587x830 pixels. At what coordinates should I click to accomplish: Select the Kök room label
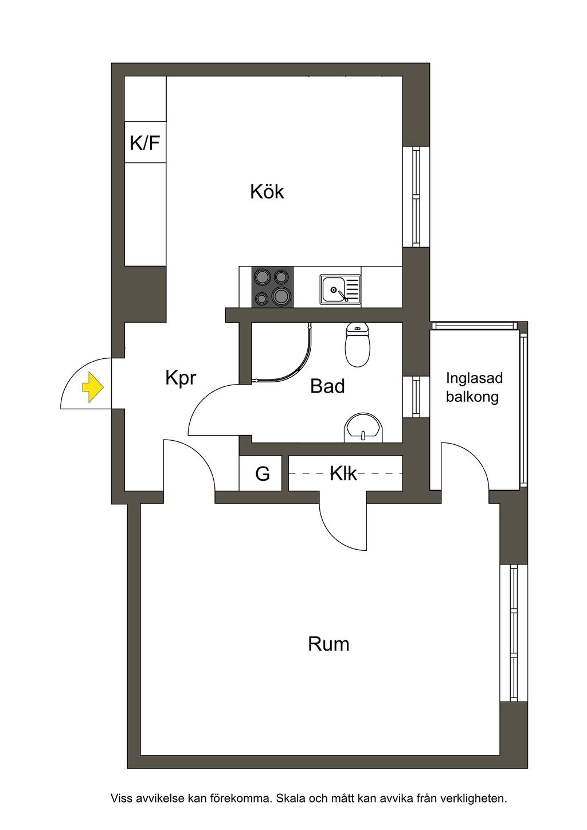point(267,191)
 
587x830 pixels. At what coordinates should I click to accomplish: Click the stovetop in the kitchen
point(272,287)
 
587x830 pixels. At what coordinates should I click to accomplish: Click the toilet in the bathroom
point(357,344)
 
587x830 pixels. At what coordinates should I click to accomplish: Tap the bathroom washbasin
point(363,429)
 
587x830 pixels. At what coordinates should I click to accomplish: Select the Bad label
point(327,386)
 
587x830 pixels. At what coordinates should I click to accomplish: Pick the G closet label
point(263,473)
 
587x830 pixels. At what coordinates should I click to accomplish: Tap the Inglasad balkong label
point(474,387)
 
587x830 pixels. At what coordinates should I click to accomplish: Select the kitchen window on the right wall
point(416,197)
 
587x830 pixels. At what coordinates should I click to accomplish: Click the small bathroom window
point(416,397)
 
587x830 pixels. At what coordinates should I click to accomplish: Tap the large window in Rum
point(513,633)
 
